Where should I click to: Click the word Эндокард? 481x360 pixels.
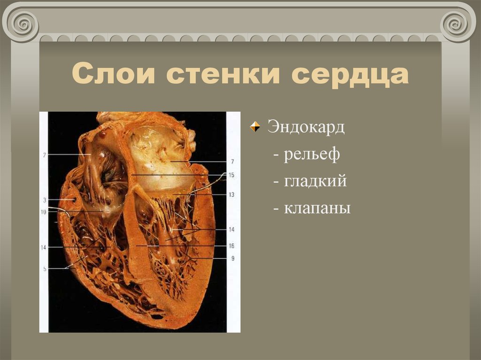coord(306,127)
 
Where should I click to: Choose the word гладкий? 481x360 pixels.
coord(315,181)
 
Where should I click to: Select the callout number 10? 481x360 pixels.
coord(43,212)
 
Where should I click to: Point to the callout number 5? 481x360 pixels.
coord(44,268)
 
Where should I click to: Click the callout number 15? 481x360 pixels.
coord(231,175)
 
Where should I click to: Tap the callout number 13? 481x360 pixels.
coord(231,194)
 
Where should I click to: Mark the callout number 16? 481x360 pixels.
coord(231,245)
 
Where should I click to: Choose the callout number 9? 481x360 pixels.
coord(232,258)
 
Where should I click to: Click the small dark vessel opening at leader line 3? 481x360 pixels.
coord(74,200)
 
